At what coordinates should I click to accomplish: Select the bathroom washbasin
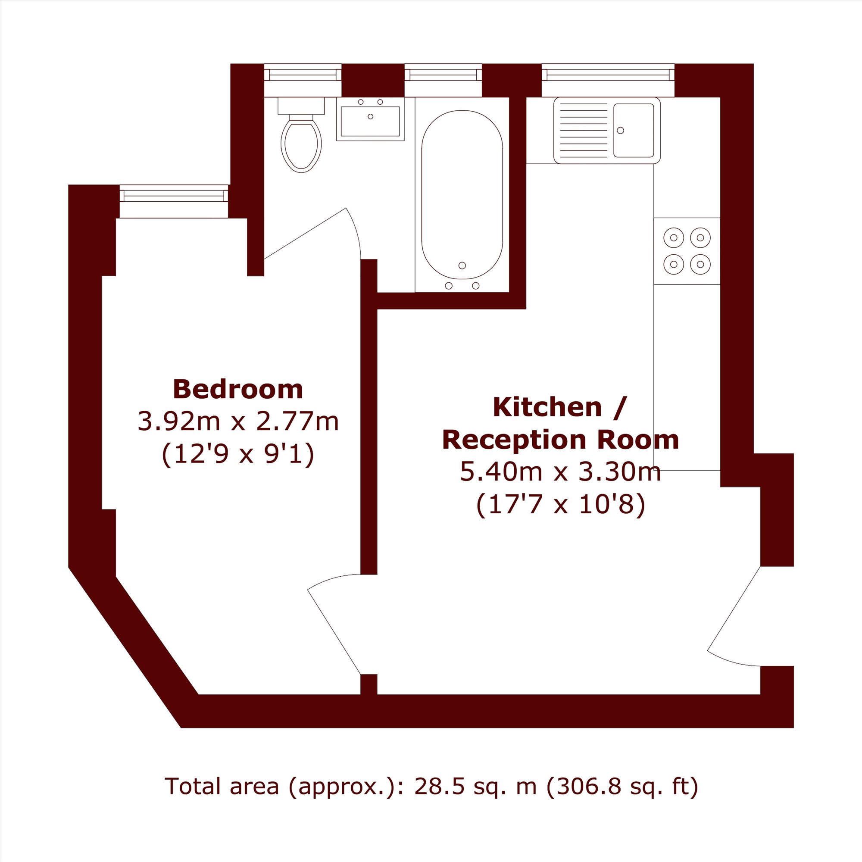[370, 119]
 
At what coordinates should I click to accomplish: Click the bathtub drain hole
[462, 265]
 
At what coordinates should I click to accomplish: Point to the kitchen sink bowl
[634, 130]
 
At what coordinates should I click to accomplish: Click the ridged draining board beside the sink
[583, 130]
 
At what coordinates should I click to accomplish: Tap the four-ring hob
[687, 251]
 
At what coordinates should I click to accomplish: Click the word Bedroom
[238, 389]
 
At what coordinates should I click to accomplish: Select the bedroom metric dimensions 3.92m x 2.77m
[238, 421]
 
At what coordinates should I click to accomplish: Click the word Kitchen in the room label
[547, 407]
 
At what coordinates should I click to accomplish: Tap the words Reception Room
[560, 440]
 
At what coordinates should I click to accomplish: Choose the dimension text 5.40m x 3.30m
[560, 472]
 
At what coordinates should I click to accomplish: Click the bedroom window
[174, 201]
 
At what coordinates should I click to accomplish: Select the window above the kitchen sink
[608, 80]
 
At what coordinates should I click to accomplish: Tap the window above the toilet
[303, 80]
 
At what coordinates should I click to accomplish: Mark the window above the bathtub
[443, 80]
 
